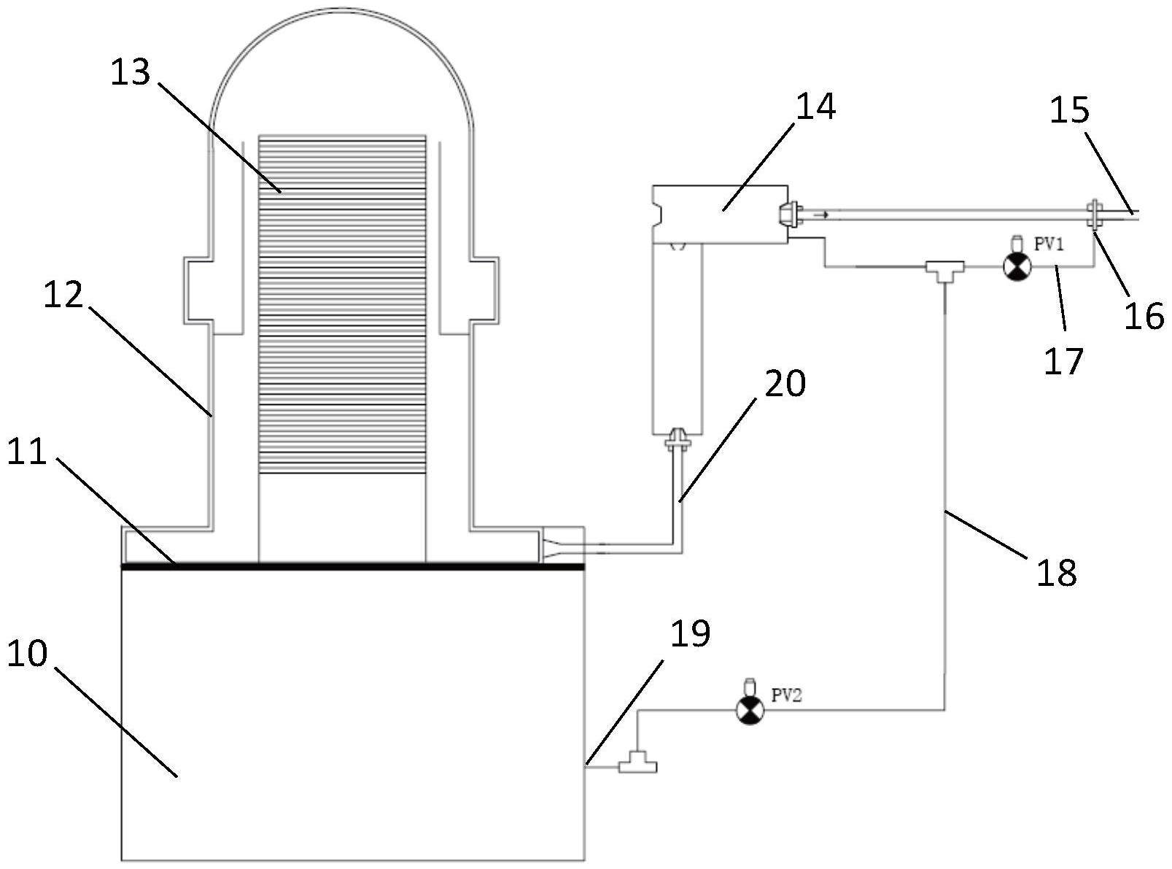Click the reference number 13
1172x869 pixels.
point(131,72)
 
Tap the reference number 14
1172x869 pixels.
point(816,107)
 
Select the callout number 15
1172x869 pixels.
point(1069,110)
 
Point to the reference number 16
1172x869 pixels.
point(1144,316)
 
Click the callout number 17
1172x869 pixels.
point(1063,362)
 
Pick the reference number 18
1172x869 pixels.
point(1056,573)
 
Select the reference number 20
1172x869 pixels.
point(785,383)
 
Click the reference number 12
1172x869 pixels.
point(63,295)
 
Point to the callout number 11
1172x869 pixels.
point(28,452)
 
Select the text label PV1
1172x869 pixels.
point(1049,244)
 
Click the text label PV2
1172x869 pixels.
point(786,695)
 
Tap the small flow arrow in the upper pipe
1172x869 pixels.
point(820,215)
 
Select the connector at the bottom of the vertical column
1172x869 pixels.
point(678,439)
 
